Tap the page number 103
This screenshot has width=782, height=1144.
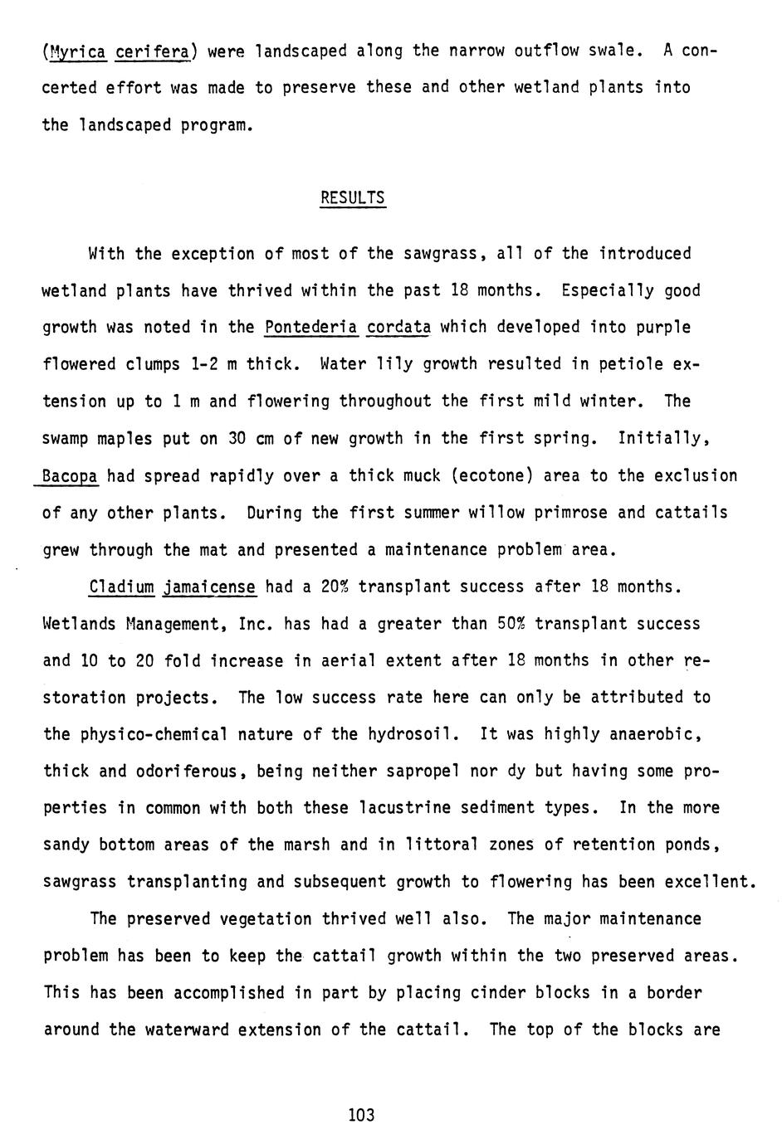(362, 1114)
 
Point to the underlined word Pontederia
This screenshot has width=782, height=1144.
(310, 327)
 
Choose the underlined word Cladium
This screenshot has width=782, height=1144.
(121, 587)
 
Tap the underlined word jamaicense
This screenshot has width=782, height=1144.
(209, 587)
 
